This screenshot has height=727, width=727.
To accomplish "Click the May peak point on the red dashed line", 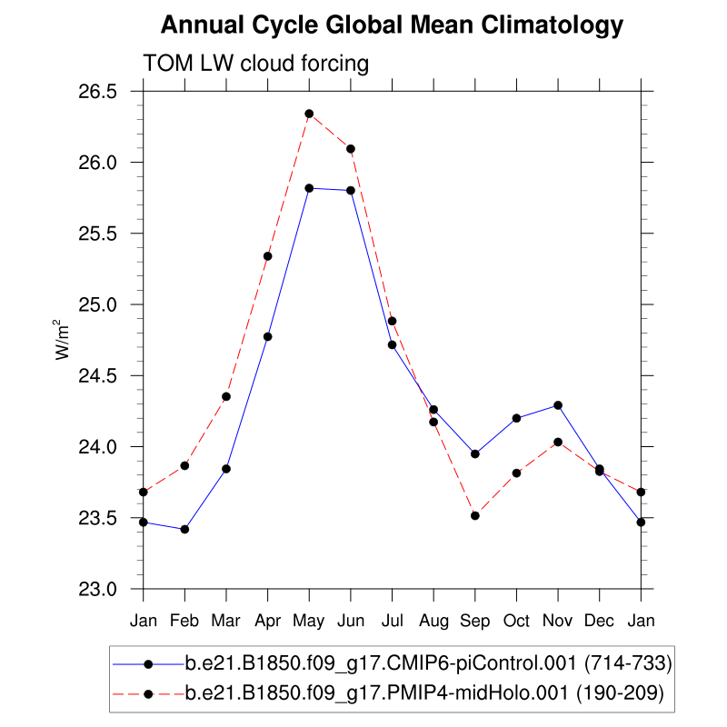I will click(x=309, y=114).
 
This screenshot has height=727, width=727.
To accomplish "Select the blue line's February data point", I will click(x=184, y=529).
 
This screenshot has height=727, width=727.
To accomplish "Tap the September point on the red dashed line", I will click(x=474, y=515).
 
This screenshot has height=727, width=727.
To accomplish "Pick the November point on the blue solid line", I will click(x=558, y=405).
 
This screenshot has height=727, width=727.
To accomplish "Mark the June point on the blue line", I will click(x=350, y=190).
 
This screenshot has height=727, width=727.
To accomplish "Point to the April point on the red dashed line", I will click(x=267, y=256).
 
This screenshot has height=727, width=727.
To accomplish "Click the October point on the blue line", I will click(x=516, y=418).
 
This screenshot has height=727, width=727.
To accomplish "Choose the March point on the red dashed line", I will click(x=226, y=396).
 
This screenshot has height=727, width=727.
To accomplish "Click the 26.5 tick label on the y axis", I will click(x=98, y=92).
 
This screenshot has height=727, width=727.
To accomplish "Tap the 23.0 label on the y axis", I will click(x=98, y=589).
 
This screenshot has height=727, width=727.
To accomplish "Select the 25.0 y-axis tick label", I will click(x=98, y=304).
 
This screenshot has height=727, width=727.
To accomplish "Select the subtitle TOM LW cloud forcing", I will click(x=255, y=64).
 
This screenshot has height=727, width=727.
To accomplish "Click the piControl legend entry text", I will click(x=428, y=664).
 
